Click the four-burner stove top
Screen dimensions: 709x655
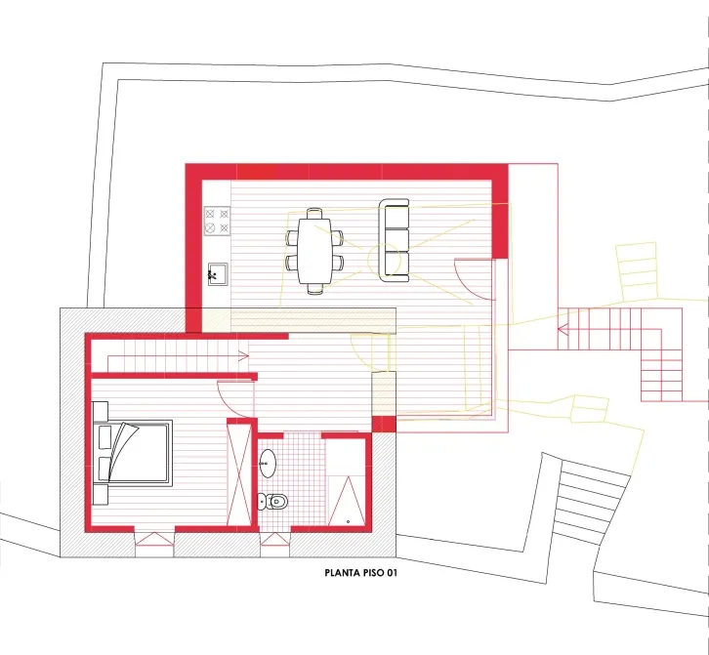(217, 221)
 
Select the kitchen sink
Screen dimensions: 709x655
(218, 274)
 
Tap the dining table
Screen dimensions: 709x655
(313, 251)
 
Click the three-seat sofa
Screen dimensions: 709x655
(394, 240)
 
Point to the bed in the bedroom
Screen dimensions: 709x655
(133, 453)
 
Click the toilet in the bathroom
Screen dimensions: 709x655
(273, 502)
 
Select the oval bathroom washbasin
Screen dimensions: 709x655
(268, 463)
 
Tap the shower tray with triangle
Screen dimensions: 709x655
(347, 501)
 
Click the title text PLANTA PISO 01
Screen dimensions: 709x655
(360, 573)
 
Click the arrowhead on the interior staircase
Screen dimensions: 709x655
(244, 356)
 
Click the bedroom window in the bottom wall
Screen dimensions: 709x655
(154, 539)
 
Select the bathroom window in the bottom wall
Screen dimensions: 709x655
(274, 539)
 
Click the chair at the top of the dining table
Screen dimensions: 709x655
(314, 214)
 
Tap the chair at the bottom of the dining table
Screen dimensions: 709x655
(314, 289)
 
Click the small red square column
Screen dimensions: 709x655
(384, 425)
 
